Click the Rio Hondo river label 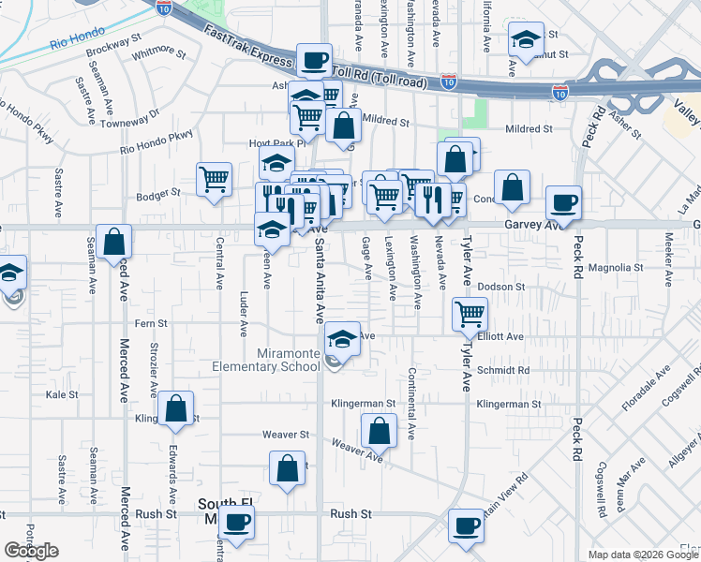[x=74, y=43]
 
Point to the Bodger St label [x=157, y=194]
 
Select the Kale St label [x=61, y=395]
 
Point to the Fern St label [x=151, y=323]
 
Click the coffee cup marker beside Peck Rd [x=564, y=204]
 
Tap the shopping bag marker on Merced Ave [x=113, y=243]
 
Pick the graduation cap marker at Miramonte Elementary [x=342, y=338]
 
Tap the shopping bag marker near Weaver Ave [x=379, y=433]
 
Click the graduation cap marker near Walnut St [x=527, y=39]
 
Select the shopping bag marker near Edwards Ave [x=175, y=408]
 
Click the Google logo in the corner [x=31, y=551]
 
